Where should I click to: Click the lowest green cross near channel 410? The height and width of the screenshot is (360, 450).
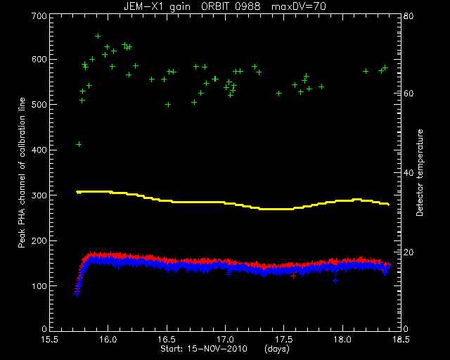click(79, 144)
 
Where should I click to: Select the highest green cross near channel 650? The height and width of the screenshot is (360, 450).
click(98, 36)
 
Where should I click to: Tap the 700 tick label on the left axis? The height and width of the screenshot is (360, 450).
click(39, 16)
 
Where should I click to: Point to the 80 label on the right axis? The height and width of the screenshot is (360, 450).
click(409, 16)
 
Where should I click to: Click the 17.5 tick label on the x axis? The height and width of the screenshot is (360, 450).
click(283, 340)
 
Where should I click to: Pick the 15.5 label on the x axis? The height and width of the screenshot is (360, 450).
click(50, 340)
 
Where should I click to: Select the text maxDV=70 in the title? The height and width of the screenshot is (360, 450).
click(299, 6)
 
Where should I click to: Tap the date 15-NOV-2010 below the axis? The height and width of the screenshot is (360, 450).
click(217, 349)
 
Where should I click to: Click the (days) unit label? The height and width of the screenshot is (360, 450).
click(277, 349)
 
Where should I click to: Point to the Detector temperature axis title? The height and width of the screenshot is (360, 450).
click(420, 172)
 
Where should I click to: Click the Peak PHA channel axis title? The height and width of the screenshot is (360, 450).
click(22, 172)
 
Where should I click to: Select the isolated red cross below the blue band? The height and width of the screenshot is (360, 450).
click(293, 276)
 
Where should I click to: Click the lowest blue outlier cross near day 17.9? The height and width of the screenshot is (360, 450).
click(335, 281)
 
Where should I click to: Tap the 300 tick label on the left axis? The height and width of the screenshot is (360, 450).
click(39, 195)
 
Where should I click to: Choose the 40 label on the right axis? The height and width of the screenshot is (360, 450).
click(409, 173)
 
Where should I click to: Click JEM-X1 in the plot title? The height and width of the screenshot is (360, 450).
click(141, 6)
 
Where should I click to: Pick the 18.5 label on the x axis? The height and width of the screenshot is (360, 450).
click(401, 340)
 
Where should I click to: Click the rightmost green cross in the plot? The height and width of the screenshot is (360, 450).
click(385, 67)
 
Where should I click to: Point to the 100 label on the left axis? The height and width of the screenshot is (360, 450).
click(39, 286)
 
